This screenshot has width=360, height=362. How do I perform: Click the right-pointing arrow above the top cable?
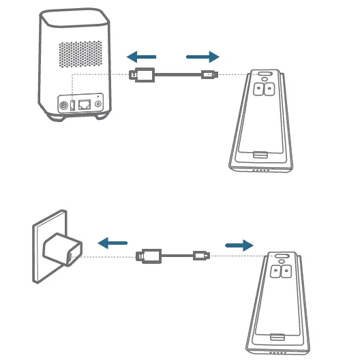(203, 57)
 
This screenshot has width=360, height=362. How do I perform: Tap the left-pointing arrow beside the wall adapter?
(112, 242)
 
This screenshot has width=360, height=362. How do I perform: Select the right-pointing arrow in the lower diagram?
(239, 244)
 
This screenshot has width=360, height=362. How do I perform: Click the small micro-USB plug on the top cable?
(208, 75)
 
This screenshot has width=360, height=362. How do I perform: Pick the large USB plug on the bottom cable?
(149, 256)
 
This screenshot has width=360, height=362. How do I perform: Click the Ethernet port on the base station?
(85, 106)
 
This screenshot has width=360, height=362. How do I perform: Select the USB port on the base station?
(73, 106)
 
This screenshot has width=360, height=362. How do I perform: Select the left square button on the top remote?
(257, 88)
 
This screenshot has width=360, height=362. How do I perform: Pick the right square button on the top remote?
(269, 88)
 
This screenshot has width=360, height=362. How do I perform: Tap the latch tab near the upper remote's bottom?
(260, 156)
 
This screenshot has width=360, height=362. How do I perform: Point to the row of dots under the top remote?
(260, 170)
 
